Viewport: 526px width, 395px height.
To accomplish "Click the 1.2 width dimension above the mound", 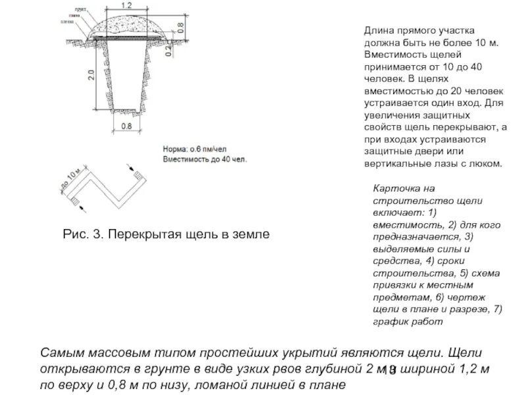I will coord(126,5).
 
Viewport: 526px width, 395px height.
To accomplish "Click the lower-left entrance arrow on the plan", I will coord(82,207).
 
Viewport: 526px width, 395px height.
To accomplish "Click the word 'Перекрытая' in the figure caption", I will coord(146,234).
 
